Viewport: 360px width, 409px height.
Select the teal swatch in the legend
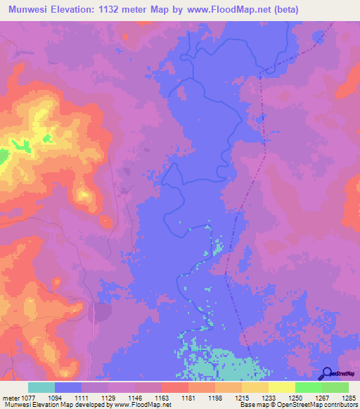click(x=41, y=387)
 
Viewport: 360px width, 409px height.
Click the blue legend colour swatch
click(x=68, y=387)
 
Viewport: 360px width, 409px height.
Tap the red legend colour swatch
click(x=175, y=387)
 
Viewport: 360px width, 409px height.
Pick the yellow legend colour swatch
click(x=282, y=387)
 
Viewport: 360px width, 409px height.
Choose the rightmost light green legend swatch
click(x=335, y=387)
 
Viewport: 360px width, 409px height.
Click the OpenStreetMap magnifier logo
click(x=327, y=373)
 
